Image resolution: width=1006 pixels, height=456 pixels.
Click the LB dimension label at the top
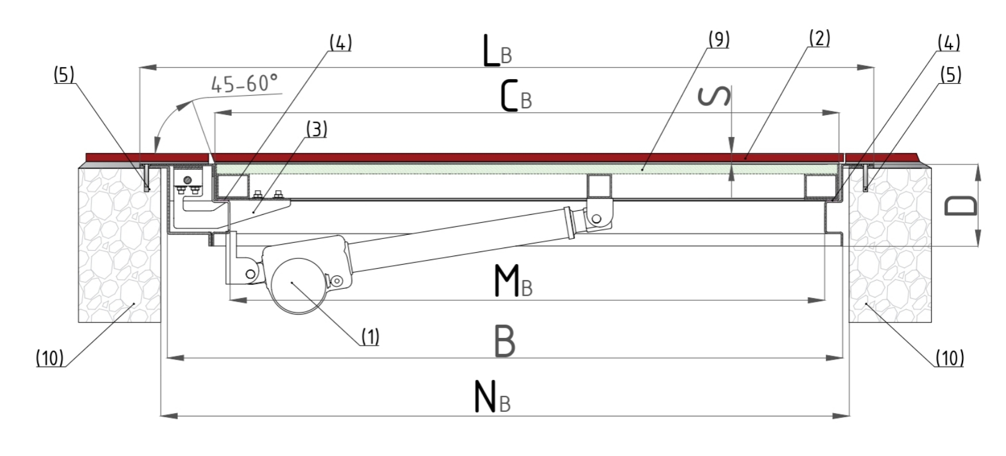(x=497, y=51)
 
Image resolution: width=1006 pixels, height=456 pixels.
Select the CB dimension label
(x=516, y=95)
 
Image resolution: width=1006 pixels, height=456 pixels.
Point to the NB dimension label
(x=492, y=397)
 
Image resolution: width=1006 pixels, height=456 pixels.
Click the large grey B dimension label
(x=505, y=341)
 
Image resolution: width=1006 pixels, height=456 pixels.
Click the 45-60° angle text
(x=245, y=84)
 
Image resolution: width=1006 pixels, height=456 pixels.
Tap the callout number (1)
(x=370, y=337)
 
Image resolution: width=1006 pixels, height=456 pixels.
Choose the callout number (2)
(x=819, y=38)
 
